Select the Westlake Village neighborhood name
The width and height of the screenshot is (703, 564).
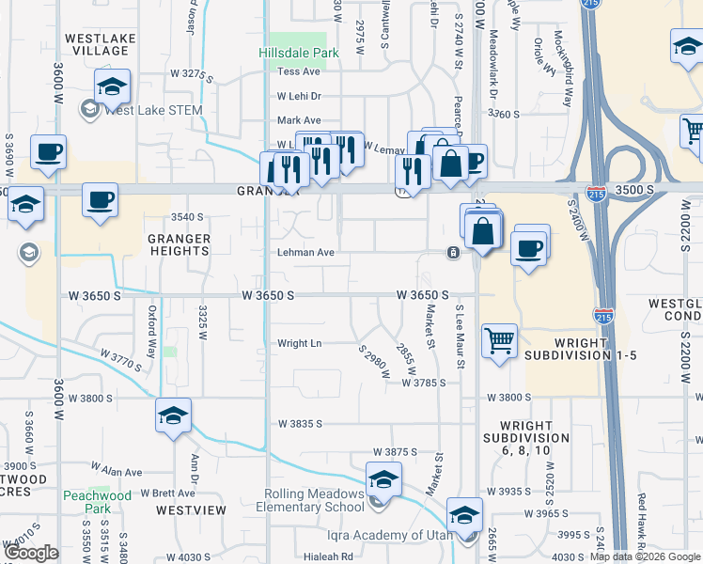tap(97, 44)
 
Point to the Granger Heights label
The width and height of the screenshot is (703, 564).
tap(179, 245)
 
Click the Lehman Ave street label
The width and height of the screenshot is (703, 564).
tap(305, 253)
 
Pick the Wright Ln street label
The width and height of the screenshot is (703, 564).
tap(299, 344)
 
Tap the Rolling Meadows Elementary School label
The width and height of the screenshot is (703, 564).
tap(314, 501)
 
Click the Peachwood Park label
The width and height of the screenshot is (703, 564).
tap(97, 501)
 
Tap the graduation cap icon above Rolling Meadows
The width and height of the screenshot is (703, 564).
tap(383, 478)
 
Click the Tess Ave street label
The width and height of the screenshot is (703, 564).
tap(299, 71)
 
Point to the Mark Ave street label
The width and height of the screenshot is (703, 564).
tap(299, 120)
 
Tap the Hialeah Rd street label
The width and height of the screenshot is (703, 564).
tap(320, 556)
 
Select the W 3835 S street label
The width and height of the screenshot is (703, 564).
tap(300, 424)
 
